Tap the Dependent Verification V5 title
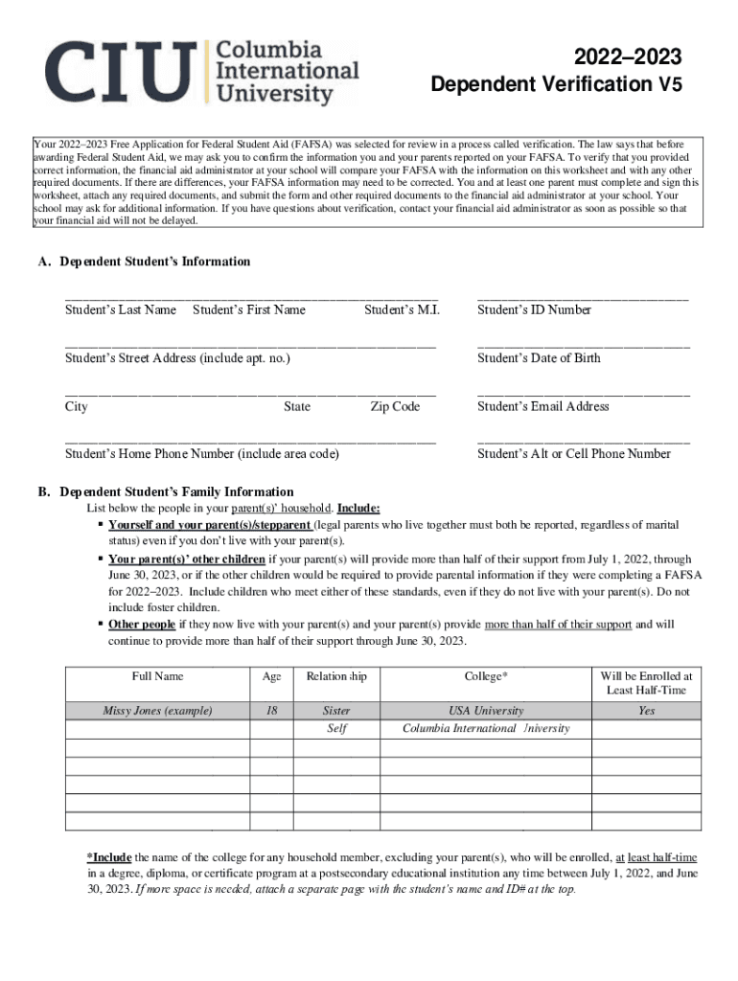click(x=556, y=85)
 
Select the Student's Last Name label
click(x=121, y=310)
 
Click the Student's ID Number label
click(x=534, y=310)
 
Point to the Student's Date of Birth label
click(x=539, y=358)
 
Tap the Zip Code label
click(x=395, y=407)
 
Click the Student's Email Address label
click(x=542, y=407)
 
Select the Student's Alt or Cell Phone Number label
click(x=573, y=454)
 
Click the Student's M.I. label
click(x=402, y=310)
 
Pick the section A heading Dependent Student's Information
click(x=144, y=262)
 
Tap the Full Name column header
click(x=157, y=676)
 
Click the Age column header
click(x=271, y=676)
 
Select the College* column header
click(x=485, y=676)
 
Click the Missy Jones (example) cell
click(x=157, y=711)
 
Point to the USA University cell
click(x=485, y=711)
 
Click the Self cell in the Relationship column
click(x=336, y=728)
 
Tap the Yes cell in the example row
click(x=646, y=711)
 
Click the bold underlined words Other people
click(x=142, y=625)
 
